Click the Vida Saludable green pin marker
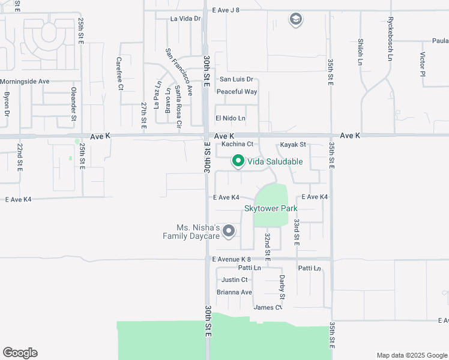click(238, 161)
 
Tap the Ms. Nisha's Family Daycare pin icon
click(229, 230)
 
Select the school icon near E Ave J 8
click(295, 20)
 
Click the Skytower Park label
click(271, 208)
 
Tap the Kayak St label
click(293, 145)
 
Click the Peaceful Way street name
click(237, 92)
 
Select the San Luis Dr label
click(237, 79)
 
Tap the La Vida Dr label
click(185, 19)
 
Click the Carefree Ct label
click(119, 74)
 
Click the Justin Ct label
click(235, 280)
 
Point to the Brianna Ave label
click(235, 292)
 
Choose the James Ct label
click(268, 307)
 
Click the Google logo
click(20, 353)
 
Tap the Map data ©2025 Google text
click(411, 355)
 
